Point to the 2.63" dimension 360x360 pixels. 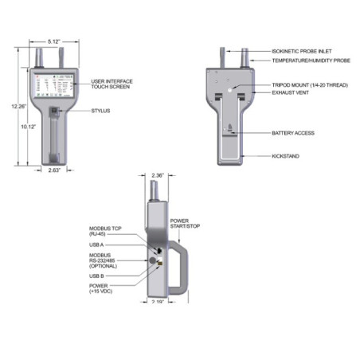coord(53,170)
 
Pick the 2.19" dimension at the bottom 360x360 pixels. coord(158,301)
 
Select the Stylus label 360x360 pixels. coord(101,112)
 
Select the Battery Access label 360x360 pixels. coord(293,132)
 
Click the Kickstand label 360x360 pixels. coord(286,156)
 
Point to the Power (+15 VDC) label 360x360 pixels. coord(104,289)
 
